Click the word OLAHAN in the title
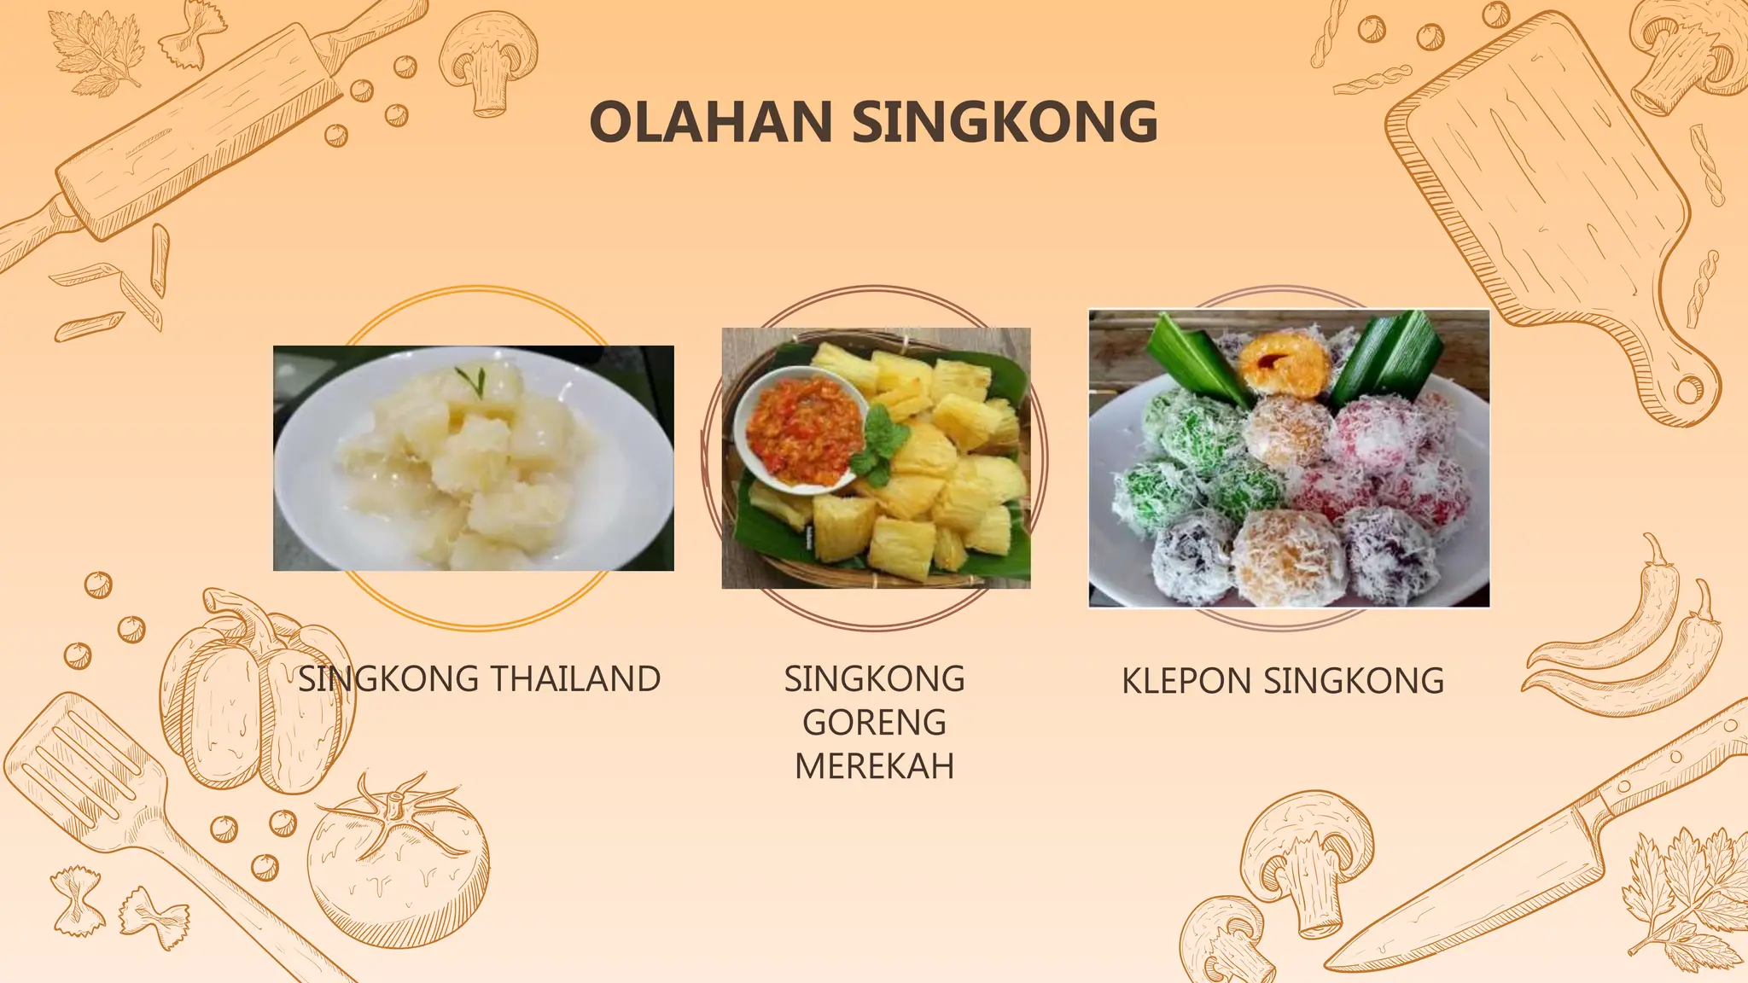coord(710,122)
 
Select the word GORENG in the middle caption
coord(874,723)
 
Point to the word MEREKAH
coord(874,766)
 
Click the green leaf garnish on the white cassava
coord(472,379)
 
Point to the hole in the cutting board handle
coord(1688,390)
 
